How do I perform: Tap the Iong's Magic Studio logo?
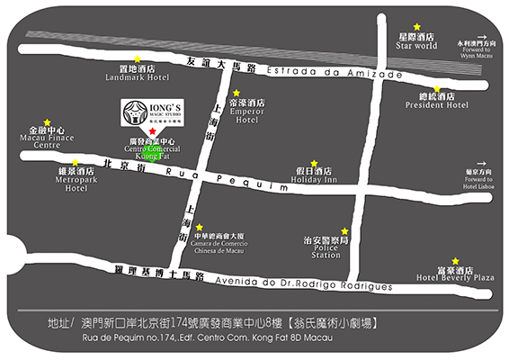154,112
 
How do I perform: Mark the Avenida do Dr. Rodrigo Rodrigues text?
306,286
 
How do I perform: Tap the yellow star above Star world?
416,27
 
